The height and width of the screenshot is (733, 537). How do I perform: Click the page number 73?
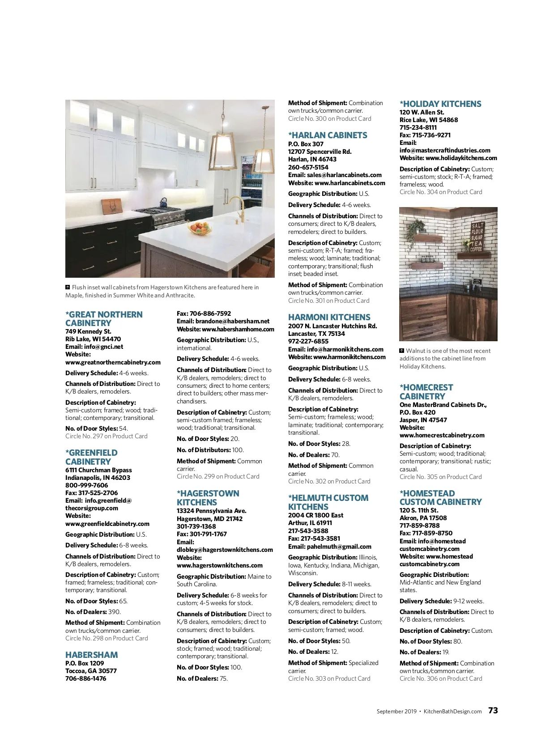point(493,710)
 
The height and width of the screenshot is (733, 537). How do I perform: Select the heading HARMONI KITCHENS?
point(329,317)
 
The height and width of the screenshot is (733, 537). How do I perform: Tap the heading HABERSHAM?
point(92,655)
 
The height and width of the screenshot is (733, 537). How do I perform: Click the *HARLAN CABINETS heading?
point(328,135)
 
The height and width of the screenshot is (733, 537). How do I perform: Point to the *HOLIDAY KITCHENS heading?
point(440,104)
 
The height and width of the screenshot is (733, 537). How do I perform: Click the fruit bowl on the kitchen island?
point(200,228)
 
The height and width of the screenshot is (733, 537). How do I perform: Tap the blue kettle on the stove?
point(163,202)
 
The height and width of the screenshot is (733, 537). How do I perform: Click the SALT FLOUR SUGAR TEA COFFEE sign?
point(477,237)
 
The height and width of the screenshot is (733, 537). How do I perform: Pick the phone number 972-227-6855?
point(308,341)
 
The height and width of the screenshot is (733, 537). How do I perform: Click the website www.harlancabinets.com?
point(349,183)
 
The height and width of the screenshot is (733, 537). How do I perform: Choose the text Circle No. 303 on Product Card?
point(329,678)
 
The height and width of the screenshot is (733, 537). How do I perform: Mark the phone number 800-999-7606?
point(87,485)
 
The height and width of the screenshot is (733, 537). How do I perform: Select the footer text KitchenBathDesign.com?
point(452,711)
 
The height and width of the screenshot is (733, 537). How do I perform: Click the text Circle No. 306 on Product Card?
point(441,678)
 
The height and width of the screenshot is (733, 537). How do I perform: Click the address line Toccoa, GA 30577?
point(91,671)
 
